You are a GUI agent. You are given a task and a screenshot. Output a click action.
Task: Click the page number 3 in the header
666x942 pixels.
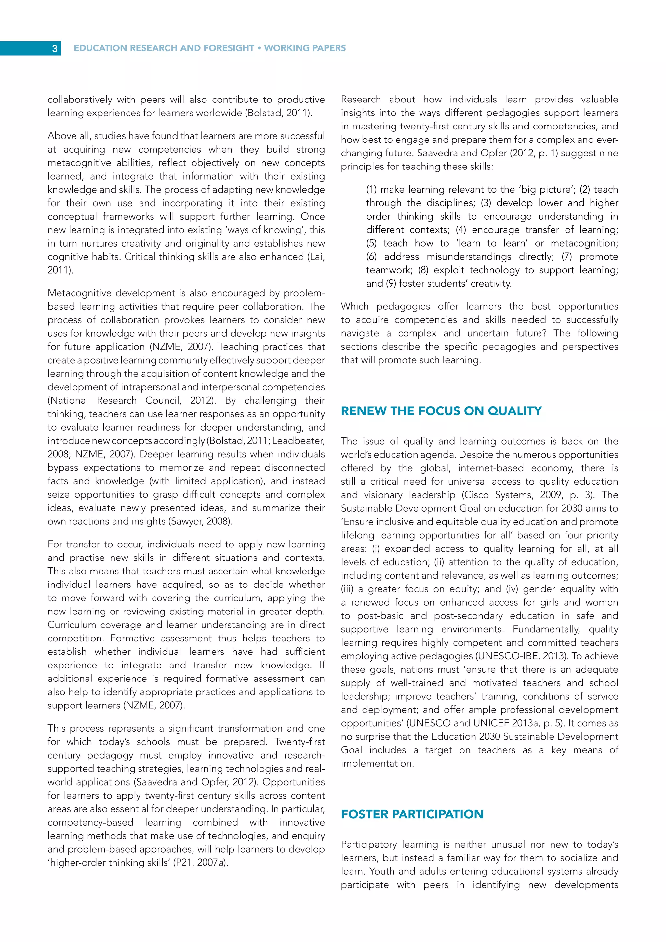pos(55,48)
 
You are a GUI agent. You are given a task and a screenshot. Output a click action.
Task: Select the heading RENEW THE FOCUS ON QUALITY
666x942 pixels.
pos(441,411)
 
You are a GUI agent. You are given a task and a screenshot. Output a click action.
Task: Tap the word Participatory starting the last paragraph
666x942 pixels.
pos(369,844)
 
